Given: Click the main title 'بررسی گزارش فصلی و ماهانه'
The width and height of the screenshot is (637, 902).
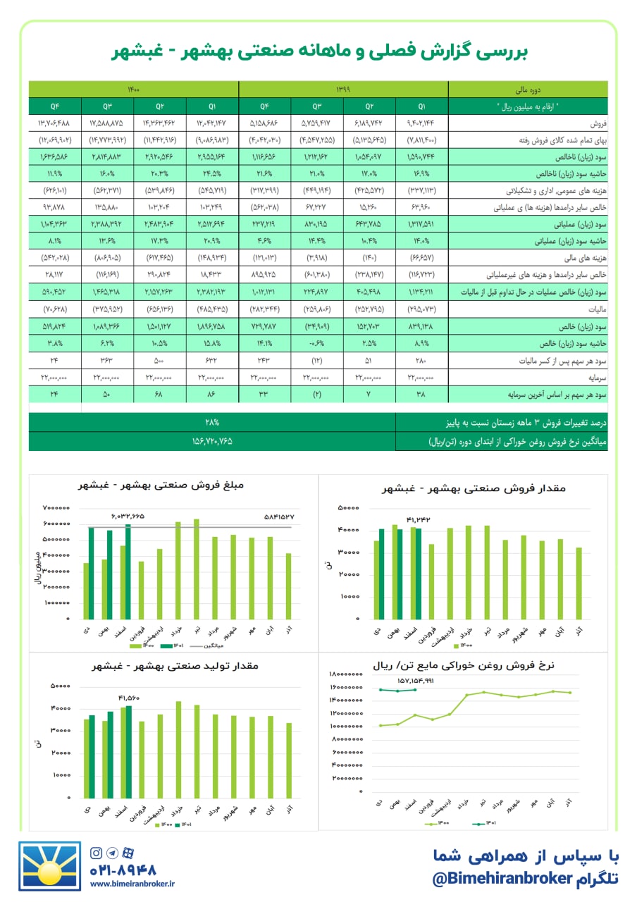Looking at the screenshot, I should (318, 52).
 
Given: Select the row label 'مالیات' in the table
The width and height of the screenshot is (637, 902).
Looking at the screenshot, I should (593, 309).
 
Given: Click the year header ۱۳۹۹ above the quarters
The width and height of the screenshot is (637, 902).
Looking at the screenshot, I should (343, 89).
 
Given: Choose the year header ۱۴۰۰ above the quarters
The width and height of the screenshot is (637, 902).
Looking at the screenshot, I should (134, 89).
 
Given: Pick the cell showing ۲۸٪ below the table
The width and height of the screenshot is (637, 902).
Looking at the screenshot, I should (212, 423).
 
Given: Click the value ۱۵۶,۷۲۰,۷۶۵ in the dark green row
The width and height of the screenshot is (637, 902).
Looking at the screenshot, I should (212, 442).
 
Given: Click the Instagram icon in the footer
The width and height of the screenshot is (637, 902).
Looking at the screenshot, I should (97, 853).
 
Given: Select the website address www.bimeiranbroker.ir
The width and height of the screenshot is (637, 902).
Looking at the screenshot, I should (132, 884).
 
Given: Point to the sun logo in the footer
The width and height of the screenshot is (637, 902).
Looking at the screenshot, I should (50, 866).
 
